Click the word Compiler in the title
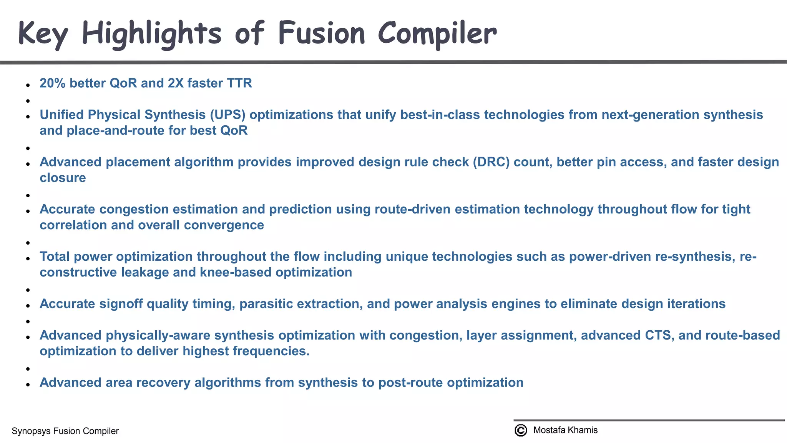437,33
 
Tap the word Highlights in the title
151,34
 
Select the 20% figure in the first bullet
53,83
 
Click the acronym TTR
239,83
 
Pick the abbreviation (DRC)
491,162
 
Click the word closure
63,178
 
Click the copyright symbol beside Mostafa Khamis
521,430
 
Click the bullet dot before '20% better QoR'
28,85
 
